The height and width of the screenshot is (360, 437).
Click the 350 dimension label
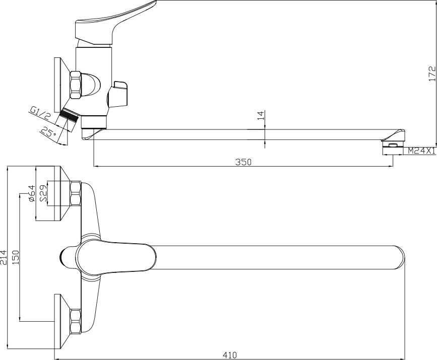[243, 162]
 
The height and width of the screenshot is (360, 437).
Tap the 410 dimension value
[230, 355]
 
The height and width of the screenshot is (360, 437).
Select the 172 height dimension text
[432, 74]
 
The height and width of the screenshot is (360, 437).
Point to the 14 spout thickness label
[260, 115]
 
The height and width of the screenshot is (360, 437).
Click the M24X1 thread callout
[422, 151]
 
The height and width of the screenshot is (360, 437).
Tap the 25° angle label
[48, 132]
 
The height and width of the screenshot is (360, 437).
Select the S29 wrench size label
[43, 193]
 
